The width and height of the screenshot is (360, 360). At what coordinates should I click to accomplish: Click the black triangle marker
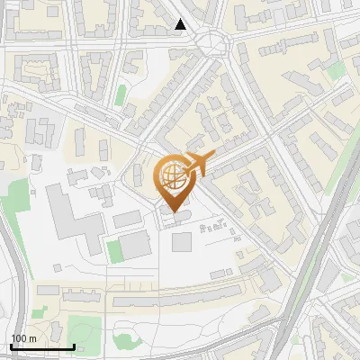(x=181, y=24)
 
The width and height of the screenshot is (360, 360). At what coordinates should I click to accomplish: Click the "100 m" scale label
(x=23, y=337)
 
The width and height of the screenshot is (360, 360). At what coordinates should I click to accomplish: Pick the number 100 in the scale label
(x=20, y=337)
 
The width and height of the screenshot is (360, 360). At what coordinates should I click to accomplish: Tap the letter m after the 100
(x=32, y=337)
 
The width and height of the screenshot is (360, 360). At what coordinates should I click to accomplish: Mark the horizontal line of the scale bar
(x=42, y=346)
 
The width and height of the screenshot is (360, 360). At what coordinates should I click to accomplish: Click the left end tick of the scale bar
(x=11, y=344)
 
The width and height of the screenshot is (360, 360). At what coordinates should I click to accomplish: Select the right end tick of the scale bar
(x=74, y=344)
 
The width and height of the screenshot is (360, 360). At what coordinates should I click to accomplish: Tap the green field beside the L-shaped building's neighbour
(x=114, y=249)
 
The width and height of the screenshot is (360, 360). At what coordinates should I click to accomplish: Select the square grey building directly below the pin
(x=182, y=241)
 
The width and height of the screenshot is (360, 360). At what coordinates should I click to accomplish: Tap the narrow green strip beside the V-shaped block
(x=121, y=95)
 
